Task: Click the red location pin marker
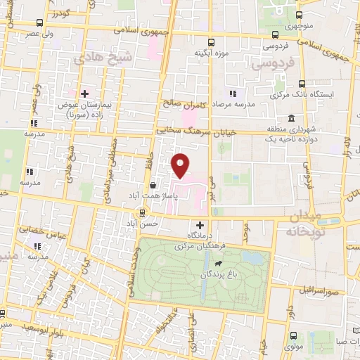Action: (181, 166)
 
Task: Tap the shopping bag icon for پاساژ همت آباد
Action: (153, 186)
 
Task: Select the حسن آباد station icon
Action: (143, 212)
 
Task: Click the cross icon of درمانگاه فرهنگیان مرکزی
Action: (200, 225)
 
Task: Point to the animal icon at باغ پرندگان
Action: (219, 263)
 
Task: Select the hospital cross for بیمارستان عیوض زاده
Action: (84, 94)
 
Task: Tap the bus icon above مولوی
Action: (292, 337)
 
